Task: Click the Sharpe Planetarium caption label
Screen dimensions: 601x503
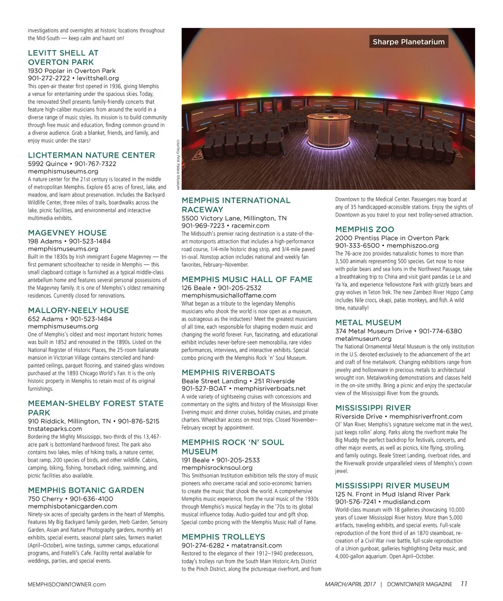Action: tap(408, 42)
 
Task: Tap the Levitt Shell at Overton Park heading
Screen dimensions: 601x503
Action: tap(63, 57)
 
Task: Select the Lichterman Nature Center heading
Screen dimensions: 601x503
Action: tap(91, 155)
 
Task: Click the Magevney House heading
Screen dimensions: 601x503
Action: tap(67, 233)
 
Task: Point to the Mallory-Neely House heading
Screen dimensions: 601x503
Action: tap(79, 311)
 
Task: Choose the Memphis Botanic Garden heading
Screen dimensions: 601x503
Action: tap(86, 490)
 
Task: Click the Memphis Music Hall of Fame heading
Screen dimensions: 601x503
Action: tap(247, 280)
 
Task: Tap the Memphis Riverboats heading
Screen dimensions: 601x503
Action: tap(228, 373)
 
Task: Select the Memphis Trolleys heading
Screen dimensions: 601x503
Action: tap(224, 537)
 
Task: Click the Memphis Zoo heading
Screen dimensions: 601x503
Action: tap(364, 229)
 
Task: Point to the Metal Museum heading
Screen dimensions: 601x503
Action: tap(368, 323)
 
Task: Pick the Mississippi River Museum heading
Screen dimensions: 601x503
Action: tap(392, 486)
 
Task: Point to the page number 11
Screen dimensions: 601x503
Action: tap(464, 584)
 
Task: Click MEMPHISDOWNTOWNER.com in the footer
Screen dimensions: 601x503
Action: tap(67, 584)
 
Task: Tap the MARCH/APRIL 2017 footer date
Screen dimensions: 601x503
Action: tap(350, 584)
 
